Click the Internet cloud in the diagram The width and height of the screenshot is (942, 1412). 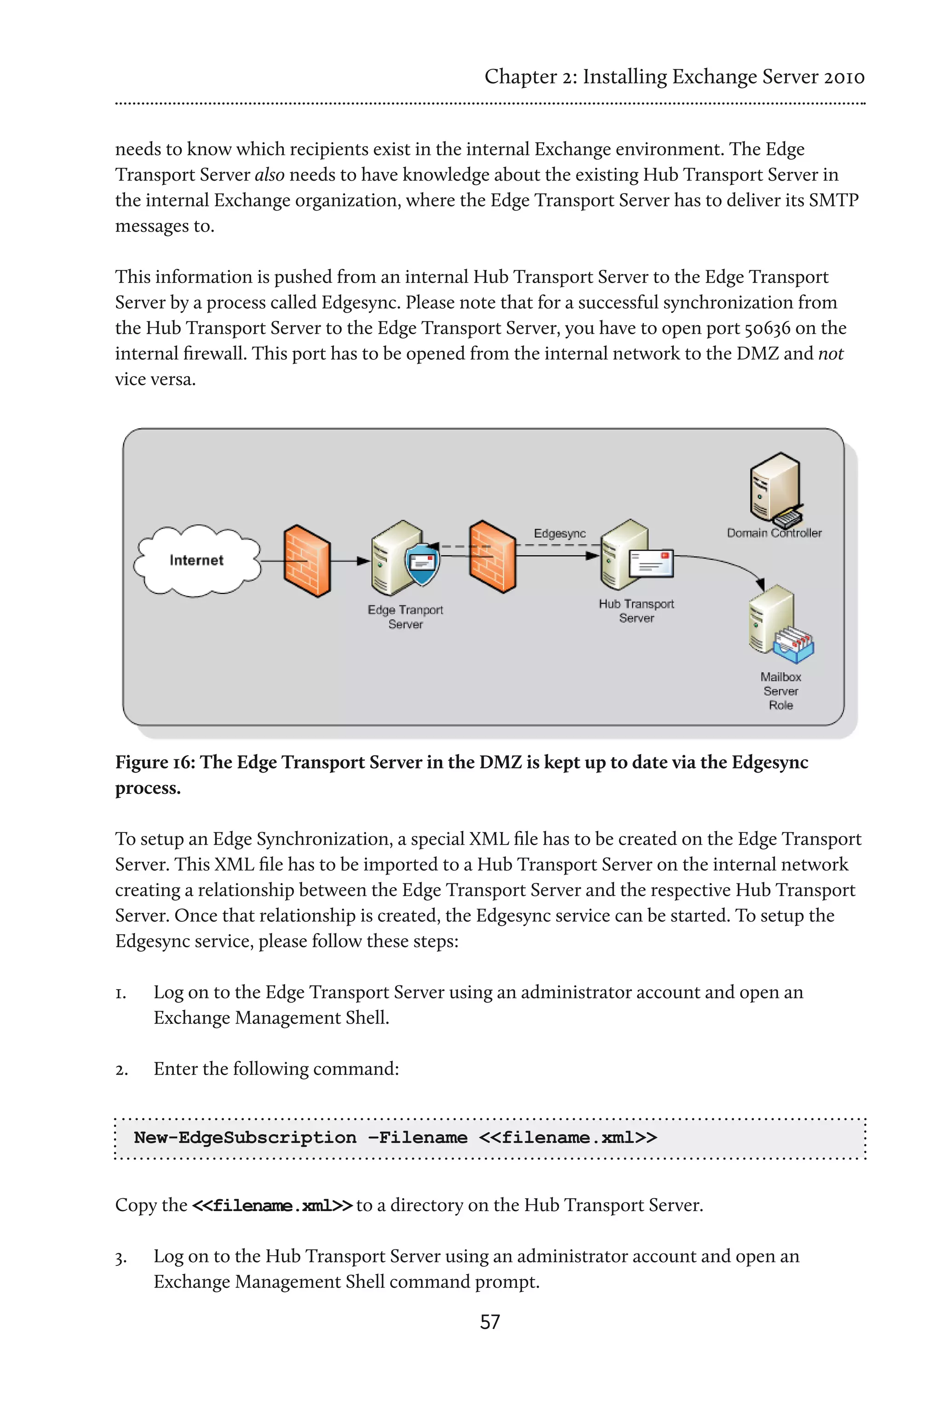pos(196,560)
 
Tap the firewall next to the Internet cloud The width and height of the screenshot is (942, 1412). pos(306,561)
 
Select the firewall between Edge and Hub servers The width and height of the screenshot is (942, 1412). pos(492,557)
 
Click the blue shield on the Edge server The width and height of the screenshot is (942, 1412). pos(422,564)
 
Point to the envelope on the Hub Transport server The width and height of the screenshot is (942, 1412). pos(651,563)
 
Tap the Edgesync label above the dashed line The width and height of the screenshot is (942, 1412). pos(559,533)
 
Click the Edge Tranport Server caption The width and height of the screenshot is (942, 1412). pos(406,616)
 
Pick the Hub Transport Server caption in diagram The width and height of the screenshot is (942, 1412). pos(636,610)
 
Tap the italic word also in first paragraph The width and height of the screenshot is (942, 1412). pos(270,175)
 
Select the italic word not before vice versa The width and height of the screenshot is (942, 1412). pos(831,353)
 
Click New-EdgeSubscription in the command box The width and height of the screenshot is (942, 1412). pos(245,1138)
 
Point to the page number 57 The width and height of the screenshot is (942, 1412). pos(489,1321)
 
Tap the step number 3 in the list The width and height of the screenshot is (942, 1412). pos(121,1258)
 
